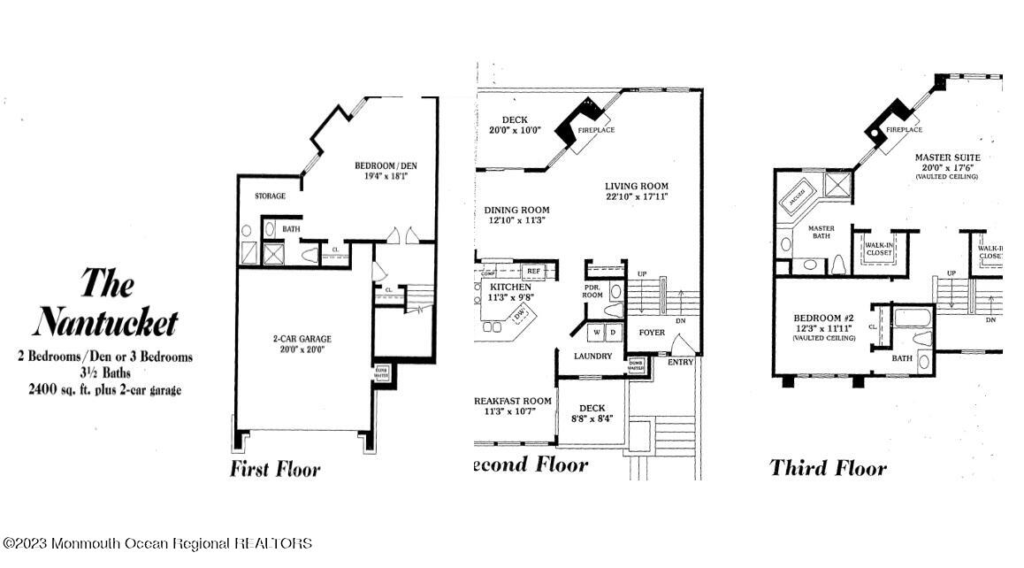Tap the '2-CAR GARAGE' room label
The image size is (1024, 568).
302,339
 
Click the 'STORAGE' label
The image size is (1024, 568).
270,196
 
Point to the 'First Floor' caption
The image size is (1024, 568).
275,469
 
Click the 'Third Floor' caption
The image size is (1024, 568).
828,467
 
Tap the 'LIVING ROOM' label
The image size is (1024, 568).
637,186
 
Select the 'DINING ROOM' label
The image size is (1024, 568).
517,211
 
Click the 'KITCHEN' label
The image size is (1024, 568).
511,288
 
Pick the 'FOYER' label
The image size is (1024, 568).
652,333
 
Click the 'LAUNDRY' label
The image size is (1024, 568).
592,356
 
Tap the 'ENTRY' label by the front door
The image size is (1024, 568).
682,362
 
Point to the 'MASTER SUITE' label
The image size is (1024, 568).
947,157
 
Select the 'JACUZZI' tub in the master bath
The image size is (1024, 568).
797,196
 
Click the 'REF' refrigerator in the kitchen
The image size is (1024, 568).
533,272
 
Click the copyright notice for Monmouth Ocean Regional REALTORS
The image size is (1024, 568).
157,543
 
